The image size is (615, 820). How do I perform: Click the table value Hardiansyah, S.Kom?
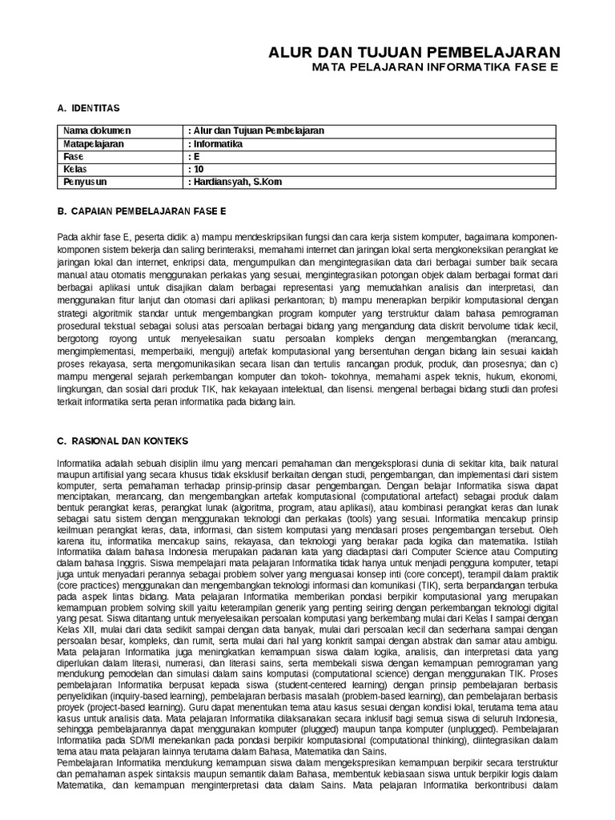237,183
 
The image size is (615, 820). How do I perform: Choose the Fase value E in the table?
194,157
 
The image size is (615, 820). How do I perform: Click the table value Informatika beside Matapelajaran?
215,144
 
